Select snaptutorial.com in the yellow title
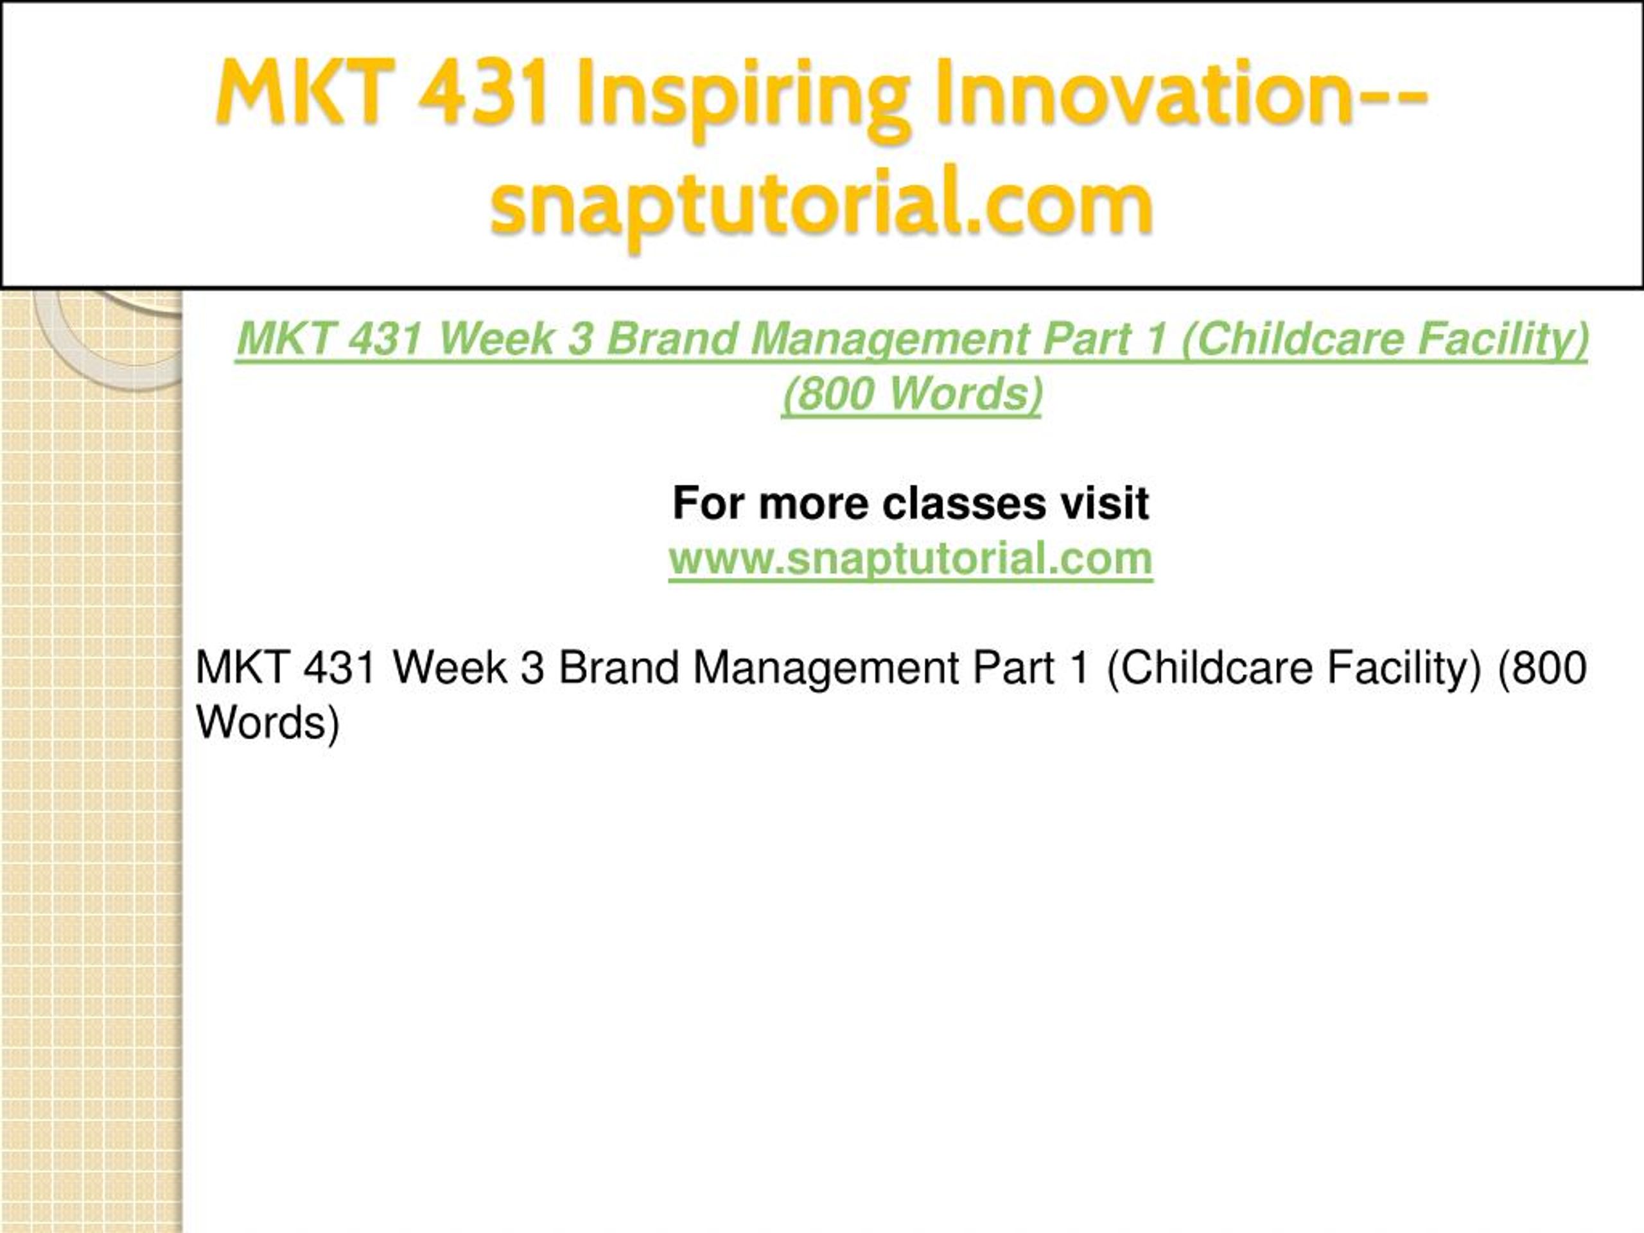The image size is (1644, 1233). (821, 204)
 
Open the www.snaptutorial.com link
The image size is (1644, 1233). (911, 558)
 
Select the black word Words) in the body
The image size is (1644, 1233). (268, 722)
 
